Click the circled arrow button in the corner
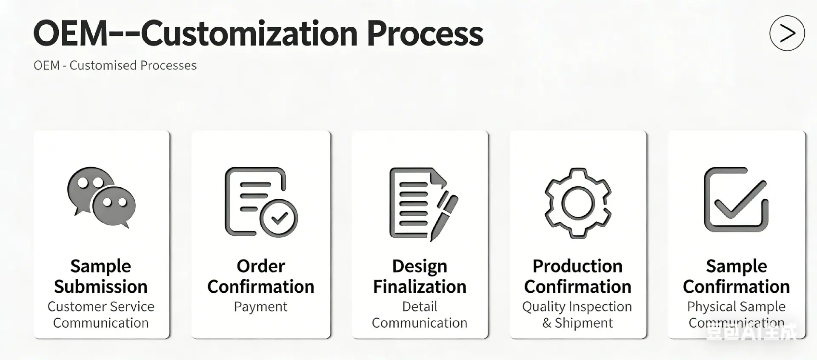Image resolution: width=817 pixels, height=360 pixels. coord(787,33)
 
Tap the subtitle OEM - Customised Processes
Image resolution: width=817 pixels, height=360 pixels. coord(115,65)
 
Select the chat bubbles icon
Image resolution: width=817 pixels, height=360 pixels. coord(101,197)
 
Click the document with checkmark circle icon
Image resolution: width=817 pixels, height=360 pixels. coord(261,202)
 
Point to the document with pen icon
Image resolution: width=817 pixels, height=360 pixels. coord(423,204)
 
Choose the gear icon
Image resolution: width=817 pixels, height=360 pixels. coord(577,203)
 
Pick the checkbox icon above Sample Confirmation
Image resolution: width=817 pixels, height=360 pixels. coord(736,199)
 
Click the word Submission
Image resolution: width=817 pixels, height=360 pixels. coord(101,287)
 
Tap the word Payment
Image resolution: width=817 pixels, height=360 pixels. coord(261,307)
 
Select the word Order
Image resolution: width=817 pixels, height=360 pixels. coord(261,266)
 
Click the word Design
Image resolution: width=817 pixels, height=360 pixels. coord(420,267)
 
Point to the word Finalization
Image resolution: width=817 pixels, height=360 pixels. coord(420,287)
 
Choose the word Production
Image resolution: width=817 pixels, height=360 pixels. coord(577,266)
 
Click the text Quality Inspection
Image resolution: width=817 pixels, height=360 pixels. coord(577,307)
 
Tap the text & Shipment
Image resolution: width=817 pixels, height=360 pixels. coord(577,323)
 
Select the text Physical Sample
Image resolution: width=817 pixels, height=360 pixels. coord(736,307)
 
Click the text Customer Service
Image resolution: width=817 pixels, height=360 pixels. coord(101,306)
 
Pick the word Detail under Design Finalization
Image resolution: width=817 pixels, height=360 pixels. coord(420,306)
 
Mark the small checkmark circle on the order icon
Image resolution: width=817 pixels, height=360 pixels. coord(279,218)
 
